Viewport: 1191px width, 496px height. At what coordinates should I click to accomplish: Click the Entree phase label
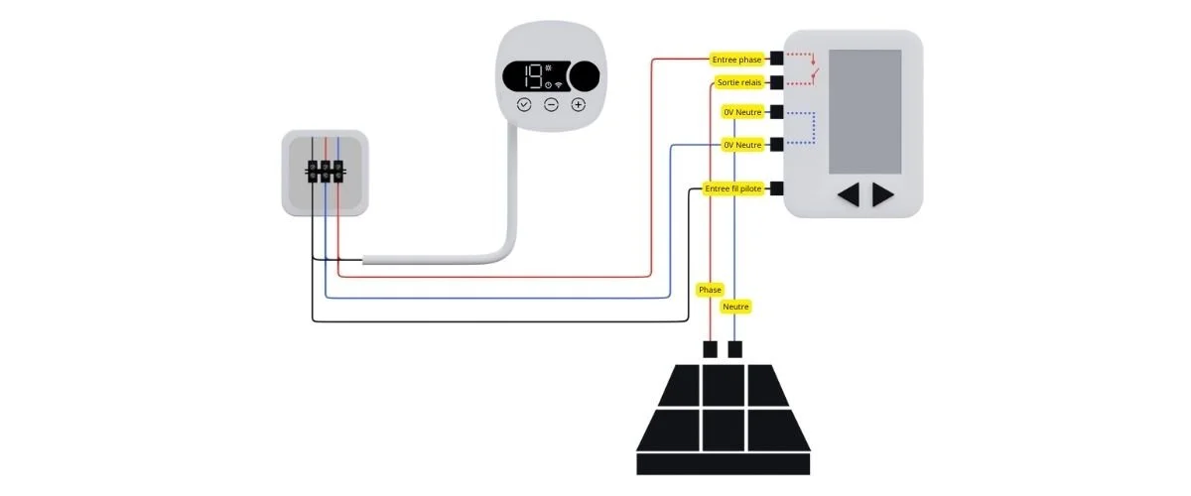click(x=736, y=60)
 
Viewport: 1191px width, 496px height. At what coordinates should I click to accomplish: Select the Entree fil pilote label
click(x=732, y=188)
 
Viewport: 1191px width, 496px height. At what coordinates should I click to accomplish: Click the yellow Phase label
click(x=711, y=290)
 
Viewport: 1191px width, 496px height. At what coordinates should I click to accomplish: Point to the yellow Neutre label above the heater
click(x=735, y=307)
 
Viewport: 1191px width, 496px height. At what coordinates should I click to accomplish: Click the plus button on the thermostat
click(x=578, y=104)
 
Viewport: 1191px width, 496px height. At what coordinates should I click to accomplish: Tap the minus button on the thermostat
click(x=551, y=104)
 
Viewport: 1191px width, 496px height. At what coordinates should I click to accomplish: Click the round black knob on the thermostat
click(x=586, y=75)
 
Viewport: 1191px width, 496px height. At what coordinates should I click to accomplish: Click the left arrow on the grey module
click(x=848, y=195)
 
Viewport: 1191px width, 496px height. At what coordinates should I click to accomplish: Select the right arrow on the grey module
click(x=882, y=195)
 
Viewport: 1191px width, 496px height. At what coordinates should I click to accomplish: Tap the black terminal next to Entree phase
click(x=776, y=60)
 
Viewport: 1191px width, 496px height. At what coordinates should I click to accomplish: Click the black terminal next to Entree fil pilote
click(x=776, y=188)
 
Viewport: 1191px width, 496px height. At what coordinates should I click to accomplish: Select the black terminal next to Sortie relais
click(x=776, y=82)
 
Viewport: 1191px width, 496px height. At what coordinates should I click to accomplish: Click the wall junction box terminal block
click(x=325, y=172)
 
